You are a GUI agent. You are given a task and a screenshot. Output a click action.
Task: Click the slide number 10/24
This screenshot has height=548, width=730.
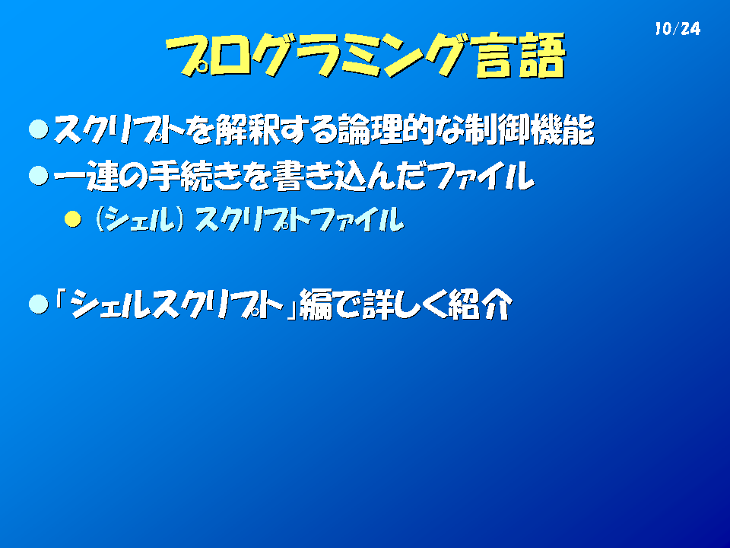678,29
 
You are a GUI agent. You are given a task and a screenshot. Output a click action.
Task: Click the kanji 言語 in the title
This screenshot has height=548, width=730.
519,55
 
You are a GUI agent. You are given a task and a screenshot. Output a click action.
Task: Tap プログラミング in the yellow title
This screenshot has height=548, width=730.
316,55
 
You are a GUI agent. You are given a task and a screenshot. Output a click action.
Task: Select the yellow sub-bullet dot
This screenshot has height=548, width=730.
73,219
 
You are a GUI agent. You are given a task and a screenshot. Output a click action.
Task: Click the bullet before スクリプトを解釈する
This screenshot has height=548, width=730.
39,129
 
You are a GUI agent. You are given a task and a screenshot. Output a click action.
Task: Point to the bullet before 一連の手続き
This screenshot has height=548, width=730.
39,176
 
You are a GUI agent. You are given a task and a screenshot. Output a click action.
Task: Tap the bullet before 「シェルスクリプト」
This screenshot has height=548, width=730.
39,304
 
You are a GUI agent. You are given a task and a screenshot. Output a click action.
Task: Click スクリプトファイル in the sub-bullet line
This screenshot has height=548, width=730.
299,219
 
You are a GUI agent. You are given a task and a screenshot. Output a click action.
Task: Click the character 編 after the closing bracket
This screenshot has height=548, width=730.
316,304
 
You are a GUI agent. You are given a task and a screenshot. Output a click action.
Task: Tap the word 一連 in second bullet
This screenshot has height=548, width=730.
85,176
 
